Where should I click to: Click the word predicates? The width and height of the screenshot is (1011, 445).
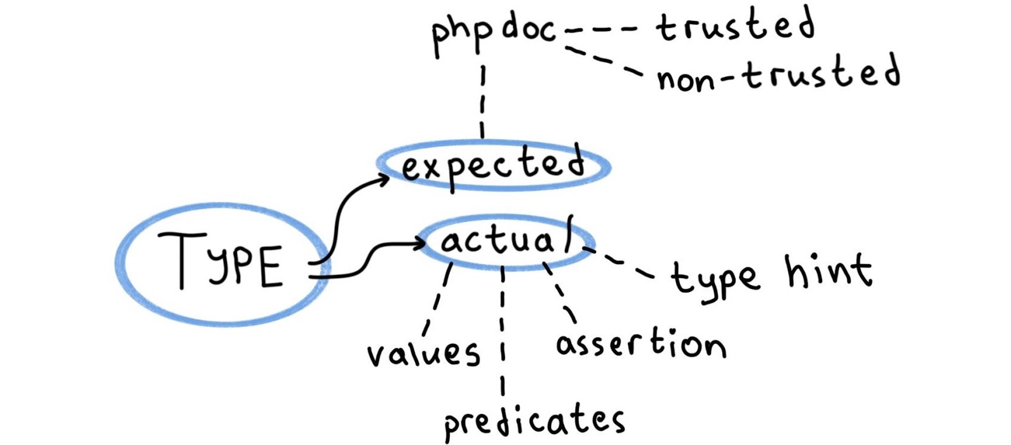pyautogui.click(x=534, y=421)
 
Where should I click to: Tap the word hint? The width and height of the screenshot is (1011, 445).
pyautogui.click(x=828, y=271)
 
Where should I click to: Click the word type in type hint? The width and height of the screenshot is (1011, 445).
pyautogui.click(x=713, y=278)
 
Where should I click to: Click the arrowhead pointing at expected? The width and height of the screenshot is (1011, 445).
pyautogui.click(x=384, y=180)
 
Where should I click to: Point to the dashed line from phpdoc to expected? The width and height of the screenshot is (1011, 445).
pyautogui.click(x=483, y=101)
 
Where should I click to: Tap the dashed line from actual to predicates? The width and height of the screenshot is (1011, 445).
pyautogui.click(x=502, y=329)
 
